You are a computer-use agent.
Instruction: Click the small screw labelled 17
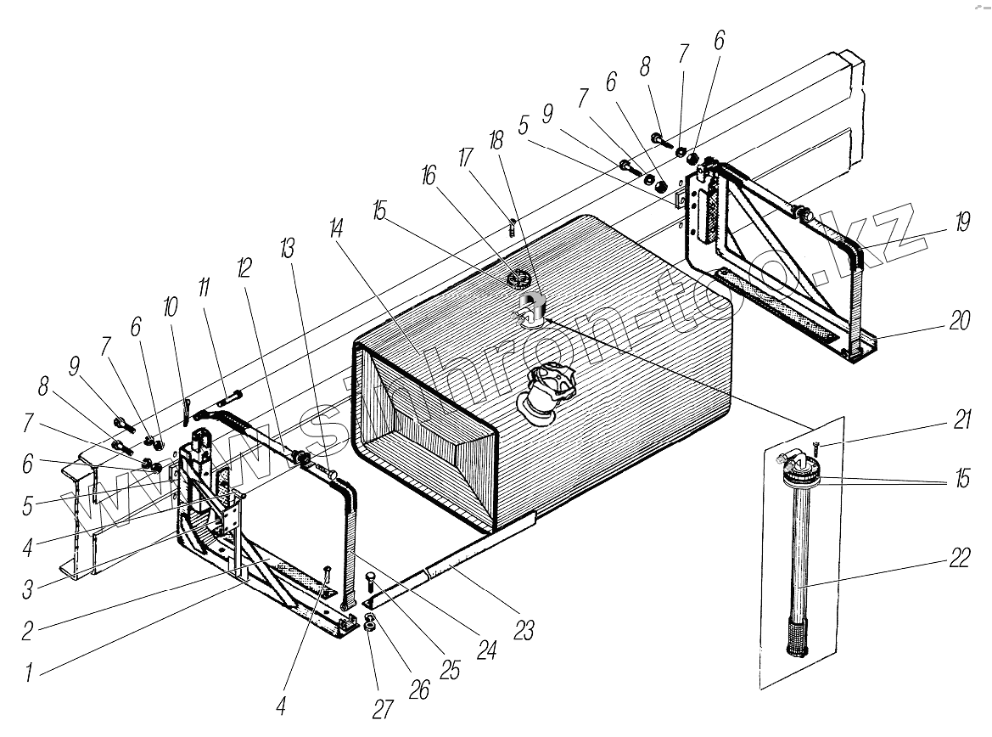(x=512, y=227)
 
